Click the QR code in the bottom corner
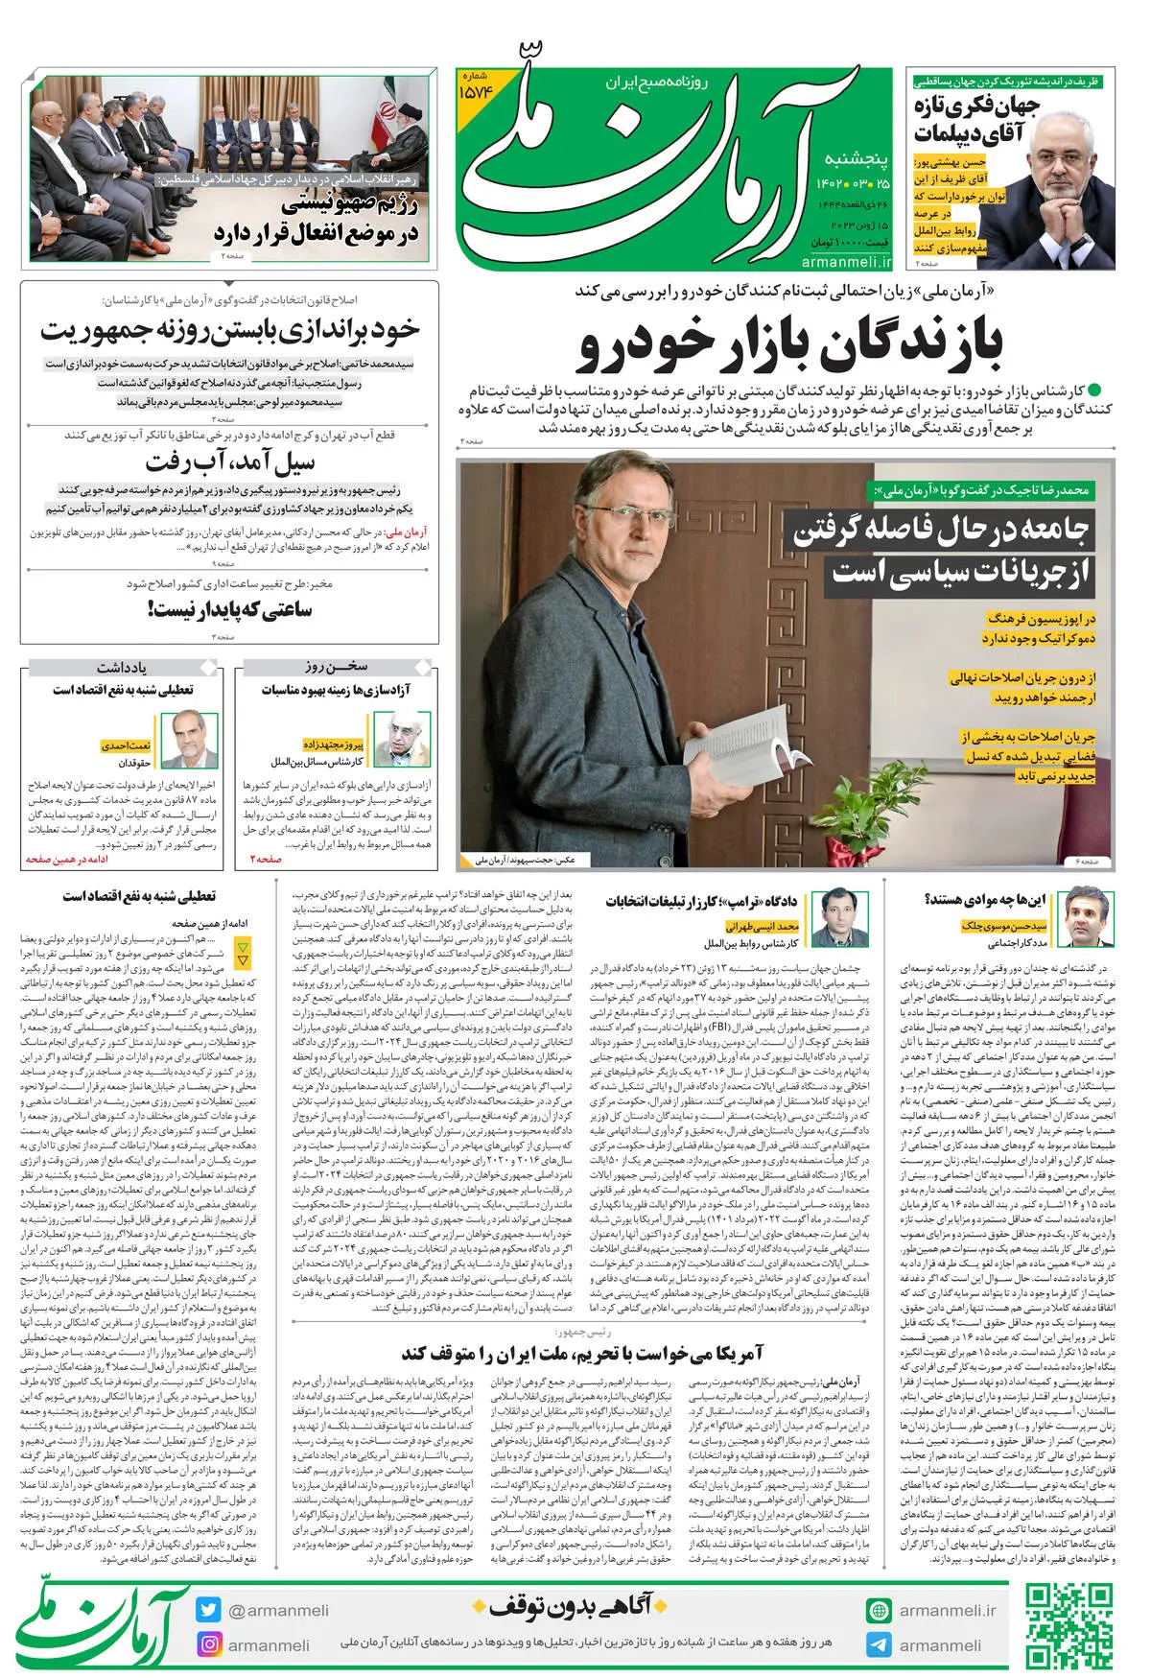tap(1069, 1626)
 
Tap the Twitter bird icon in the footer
tap(208, 1611)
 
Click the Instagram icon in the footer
tap(208, 1643)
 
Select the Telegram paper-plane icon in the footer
tap(878, 1644)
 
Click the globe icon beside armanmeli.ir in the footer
tap(878, 1611)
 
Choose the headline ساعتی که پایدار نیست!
tap(230, 608)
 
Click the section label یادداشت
tap(122, 667)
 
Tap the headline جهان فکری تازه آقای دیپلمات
tap(975, 119)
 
